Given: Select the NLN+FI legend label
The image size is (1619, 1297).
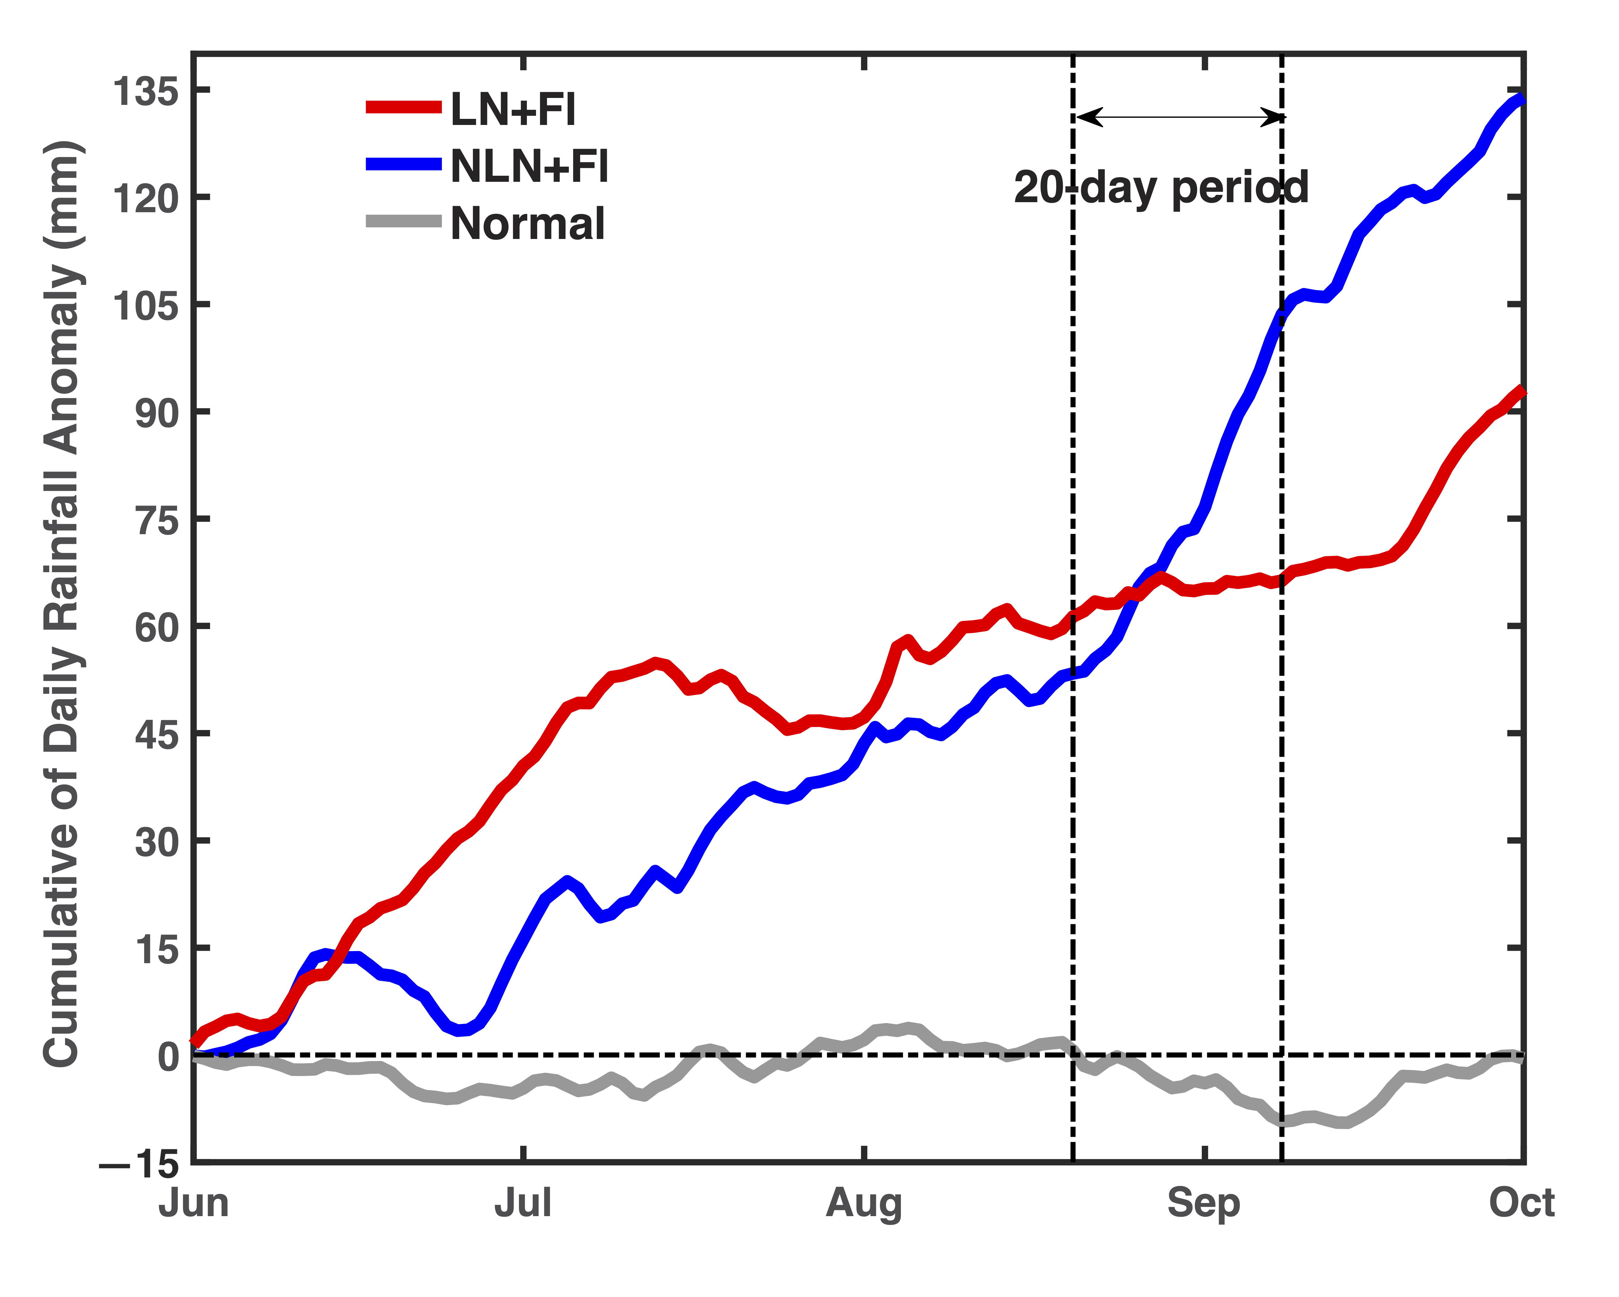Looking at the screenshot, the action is point(529,166).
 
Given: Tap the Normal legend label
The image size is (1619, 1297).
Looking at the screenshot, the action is point(528,224).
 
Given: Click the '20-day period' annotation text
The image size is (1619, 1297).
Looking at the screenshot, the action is point(1161,188).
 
